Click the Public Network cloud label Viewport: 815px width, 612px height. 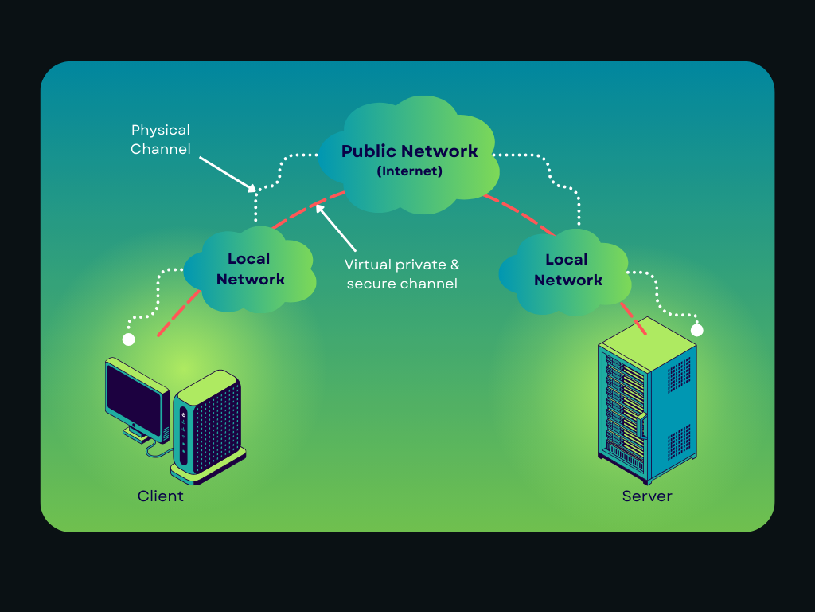[409, 151]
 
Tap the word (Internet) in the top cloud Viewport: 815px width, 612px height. [409, 171]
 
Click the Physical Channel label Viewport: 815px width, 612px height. [161, 139]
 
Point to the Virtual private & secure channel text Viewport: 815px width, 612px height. [402, 273]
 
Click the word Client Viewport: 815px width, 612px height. [160, 496]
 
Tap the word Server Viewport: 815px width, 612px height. [647, 496]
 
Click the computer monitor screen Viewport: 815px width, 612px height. [136, 398]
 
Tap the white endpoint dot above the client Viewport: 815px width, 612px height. [128, 340]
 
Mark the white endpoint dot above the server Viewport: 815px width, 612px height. [697, 330]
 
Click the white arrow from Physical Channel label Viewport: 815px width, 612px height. [226, 173]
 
